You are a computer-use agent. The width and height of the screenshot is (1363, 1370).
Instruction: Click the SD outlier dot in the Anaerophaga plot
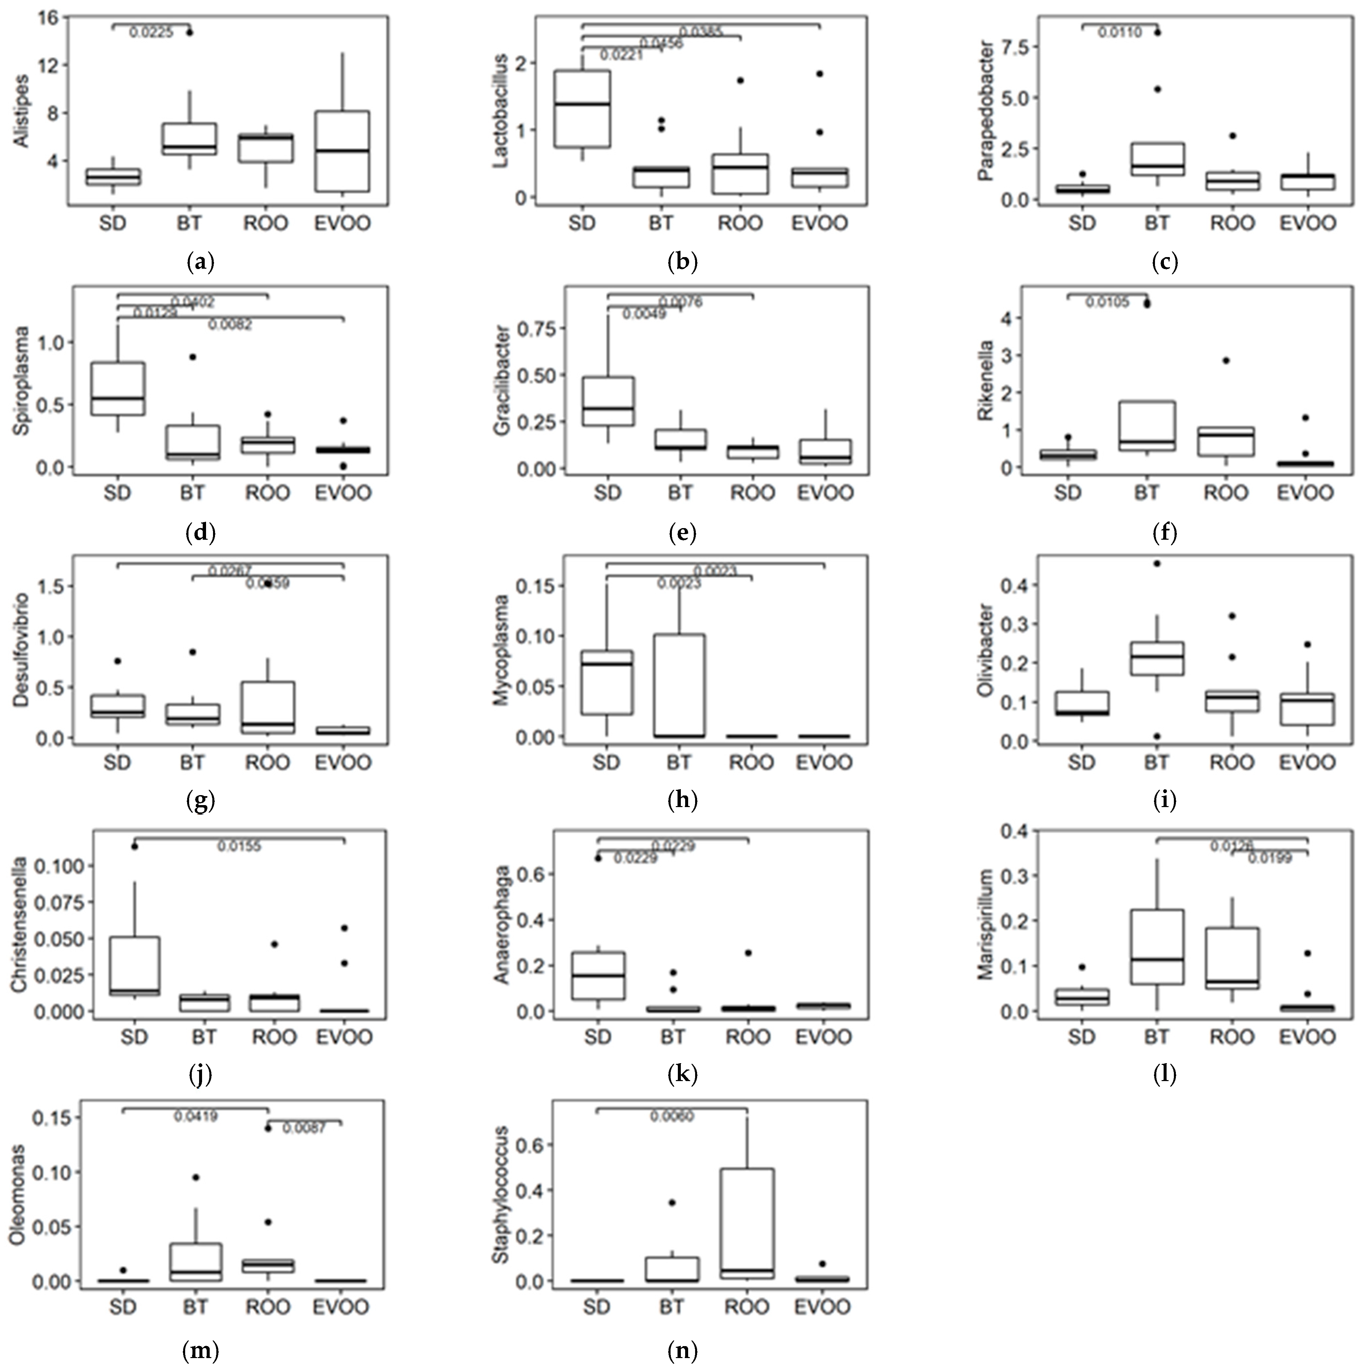pos(598,858)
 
